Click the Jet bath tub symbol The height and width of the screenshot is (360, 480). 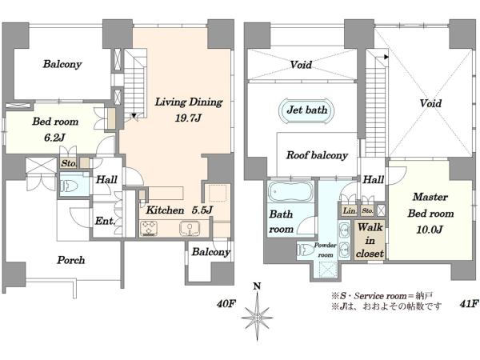tap(306, 110)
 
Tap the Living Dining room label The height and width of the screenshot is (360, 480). tap(189, 102)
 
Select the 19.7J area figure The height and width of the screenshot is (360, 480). tap(188, 118)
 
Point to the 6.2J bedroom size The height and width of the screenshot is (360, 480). tap(54, 138)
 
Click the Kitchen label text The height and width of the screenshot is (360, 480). tap(165, 210)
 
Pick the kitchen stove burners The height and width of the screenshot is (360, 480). tap(149, 228)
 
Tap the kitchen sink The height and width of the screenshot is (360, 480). tap(189, 228)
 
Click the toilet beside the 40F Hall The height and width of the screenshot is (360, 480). tap(70, 186)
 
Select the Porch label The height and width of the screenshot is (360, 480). tap(70, 260)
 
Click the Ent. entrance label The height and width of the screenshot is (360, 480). tap(105, 221)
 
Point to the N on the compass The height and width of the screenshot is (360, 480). tap(257, 286)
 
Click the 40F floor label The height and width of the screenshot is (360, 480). tap(226, 304)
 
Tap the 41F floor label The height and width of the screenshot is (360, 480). tap(469, 303)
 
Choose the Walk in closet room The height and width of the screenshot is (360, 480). tap(370, 241)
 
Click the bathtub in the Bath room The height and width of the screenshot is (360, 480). tap(290, 191)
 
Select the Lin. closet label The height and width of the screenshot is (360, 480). tap(350, 210)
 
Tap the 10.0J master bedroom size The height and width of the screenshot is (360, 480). tap(430, 230)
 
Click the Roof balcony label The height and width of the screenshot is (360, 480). tap(317, 155)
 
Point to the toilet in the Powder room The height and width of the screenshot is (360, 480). tap(305, 250)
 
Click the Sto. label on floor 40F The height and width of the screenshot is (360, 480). tap(69, 163)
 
